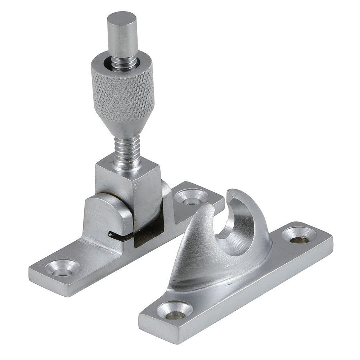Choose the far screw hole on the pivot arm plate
pos(191,196)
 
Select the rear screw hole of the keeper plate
pos(299,236)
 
